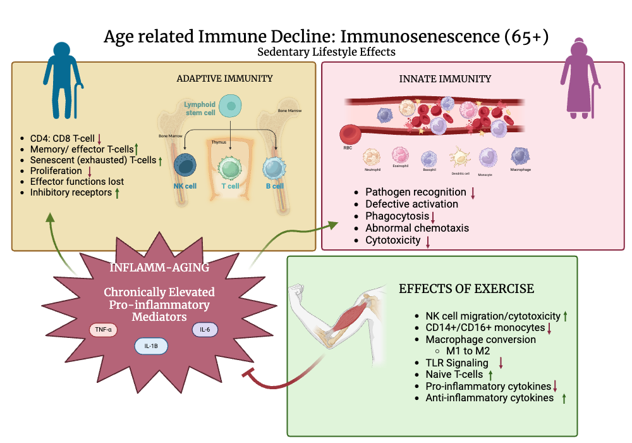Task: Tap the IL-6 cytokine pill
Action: pos(204,328)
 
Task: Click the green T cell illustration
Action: pos(230,168)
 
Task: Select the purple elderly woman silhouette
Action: pos(580,80)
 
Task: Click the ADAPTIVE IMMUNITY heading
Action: pos(224,78)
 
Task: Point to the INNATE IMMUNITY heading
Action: pos(445,79)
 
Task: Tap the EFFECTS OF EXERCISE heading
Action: pos(466,289)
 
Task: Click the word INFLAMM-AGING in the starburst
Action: pos(159,267)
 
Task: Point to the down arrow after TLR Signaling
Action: pos(501,363)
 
